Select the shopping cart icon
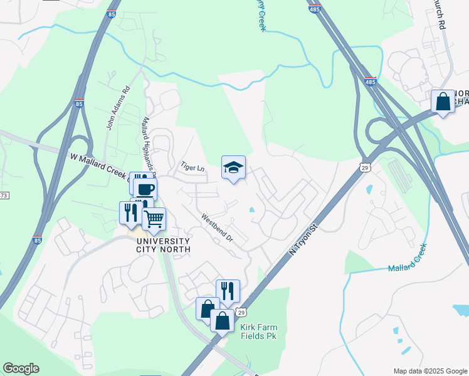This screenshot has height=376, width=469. click(154, 219)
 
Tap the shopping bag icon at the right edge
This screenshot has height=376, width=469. click(443, 102)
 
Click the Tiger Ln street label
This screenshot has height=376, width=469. click(193, 168)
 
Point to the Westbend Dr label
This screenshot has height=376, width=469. click(217, 229)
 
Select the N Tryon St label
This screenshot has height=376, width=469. click(301, 241)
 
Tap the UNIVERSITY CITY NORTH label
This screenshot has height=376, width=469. click(157, 246)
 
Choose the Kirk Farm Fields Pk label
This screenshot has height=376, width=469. click(258, 332)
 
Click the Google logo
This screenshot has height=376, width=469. click(21, 368)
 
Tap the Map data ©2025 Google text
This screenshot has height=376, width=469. click(429, 371)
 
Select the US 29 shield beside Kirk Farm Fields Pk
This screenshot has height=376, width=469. click(241, 312)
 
